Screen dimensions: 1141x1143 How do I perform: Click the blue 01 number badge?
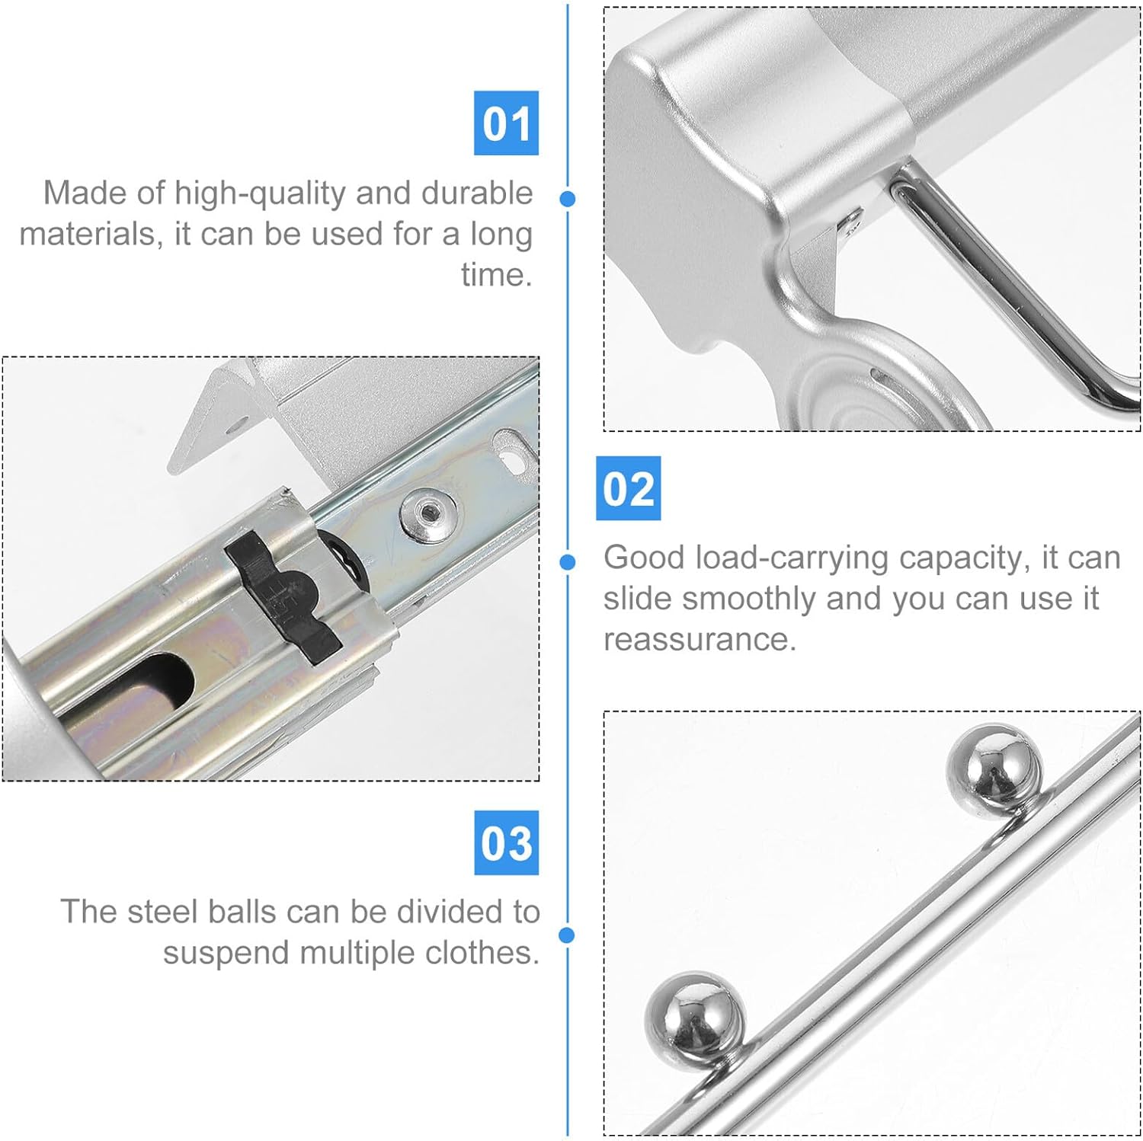(x=506, y=123)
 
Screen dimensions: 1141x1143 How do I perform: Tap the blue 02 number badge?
(x=628, y=488)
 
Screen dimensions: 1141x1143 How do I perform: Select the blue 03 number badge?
(x=506, y=842)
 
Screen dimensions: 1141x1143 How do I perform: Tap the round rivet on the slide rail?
(x=428, y=516)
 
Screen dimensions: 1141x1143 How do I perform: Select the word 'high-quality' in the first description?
(x=260, y=193)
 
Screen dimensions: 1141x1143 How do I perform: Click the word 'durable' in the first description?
(x=477, y=193)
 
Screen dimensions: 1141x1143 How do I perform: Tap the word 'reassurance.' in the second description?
(x=700, y=640)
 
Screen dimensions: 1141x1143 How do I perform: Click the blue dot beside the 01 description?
(x=567, y=199)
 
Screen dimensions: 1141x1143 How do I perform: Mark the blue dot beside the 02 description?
(x=567, y=562)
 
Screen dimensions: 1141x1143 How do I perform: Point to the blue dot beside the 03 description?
(x=567, y=935)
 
